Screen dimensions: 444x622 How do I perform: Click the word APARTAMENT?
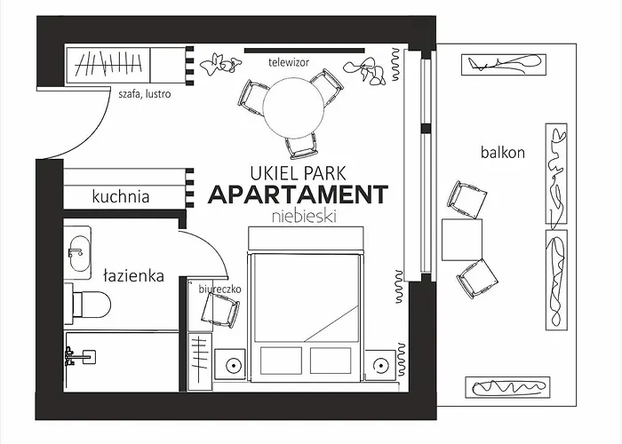tap(298, 194)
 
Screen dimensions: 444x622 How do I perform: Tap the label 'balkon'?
tap(503, 152)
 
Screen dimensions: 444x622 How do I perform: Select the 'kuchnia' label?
tap(121, 197)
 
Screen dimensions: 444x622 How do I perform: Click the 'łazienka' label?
tap(133, 276)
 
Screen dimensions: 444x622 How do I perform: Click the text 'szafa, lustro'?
tap(144, 93)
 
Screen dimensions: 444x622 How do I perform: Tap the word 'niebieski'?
tap(297, 215)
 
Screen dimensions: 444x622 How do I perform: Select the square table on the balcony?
tap(462, 240)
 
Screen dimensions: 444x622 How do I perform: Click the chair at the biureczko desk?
tap(219, 311)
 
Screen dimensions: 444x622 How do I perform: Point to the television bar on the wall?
tap(304, 50)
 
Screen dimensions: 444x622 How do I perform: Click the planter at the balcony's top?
tap(503, 64)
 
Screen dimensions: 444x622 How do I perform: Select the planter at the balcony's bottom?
tap(506, 386)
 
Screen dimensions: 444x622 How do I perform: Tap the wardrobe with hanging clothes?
tap(108, 65)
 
